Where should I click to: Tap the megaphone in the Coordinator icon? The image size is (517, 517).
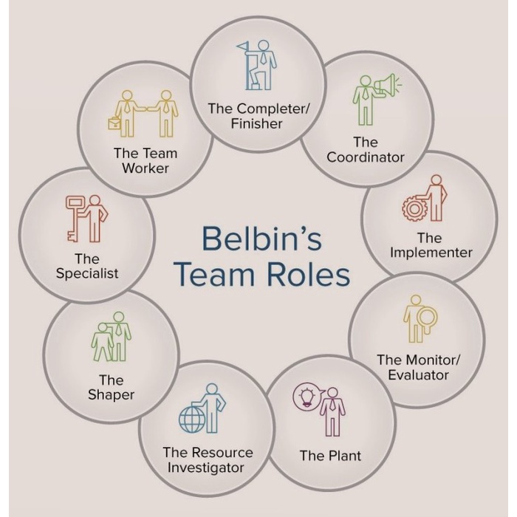point(386,86)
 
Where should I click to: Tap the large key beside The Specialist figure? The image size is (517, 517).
point(75,213)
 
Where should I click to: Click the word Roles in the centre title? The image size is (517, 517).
point(309,275)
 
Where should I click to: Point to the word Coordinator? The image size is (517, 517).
point(366,157)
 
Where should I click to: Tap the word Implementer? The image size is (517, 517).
point(431,253)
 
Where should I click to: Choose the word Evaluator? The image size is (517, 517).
point(418,374)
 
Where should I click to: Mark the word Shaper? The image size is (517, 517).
point(111,395)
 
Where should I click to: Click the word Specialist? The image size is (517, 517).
point(86,273)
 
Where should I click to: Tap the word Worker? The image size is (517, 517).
point(145,168)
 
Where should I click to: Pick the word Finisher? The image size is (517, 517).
point(256,123)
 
